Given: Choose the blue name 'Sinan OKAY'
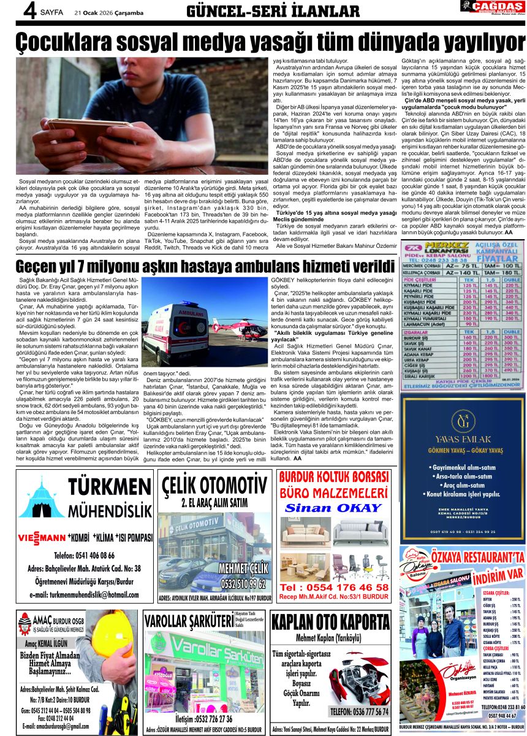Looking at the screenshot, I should click(x=333, y=508).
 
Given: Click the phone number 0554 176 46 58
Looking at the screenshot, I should click(x=334, y=587).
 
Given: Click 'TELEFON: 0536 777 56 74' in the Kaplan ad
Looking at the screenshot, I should click(x=358, y=711).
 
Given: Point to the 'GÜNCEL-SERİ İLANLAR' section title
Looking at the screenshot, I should click(x=272, y=11).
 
